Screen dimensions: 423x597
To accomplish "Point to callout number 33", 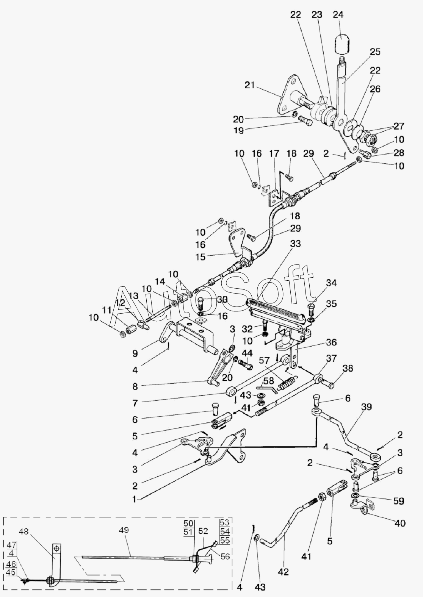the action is (x=295, y=244).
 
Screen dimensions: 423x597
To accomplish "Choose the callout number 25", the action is (x=375, y=52).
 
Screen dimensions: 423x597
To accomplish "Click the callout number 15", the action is (x=201, y=257).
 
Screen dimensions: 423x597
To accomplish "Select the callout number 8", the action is (x=135, y=386).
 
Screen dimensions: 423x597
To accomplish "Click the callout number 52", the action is (x=203, y=531).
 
